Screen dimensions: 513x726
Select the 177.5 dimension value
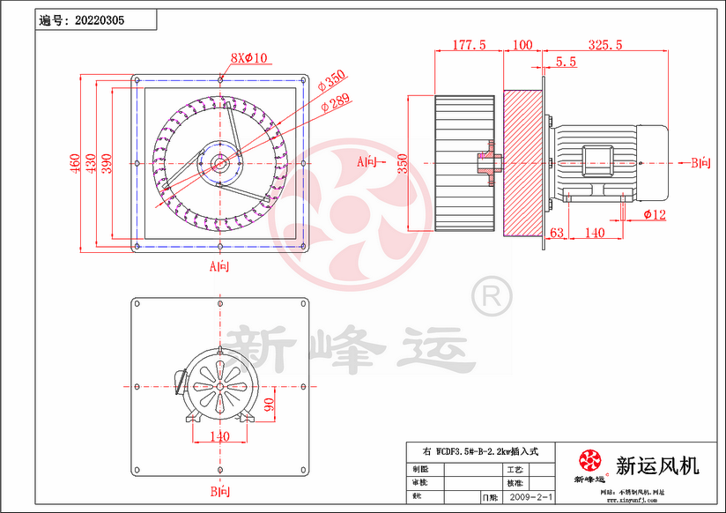tap(469, 45)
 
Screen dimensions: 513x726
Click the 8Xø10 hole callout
tap(248, 58)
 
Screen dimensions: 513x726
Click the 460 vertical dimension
tap(77, 163)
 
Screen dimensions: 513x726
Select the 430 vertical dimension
tap(92, 163)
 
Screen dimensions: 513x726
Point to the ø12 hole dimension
tap(655, 214)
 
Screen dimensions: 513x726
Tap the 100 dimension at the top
tap(522, 45)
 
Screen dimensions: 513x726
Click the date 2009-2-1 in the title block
tap(531, 498)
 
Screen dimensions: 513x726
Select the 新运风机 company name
tap(657, 465)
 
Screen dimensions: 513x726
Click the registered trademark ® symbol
tap(489, 295)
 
